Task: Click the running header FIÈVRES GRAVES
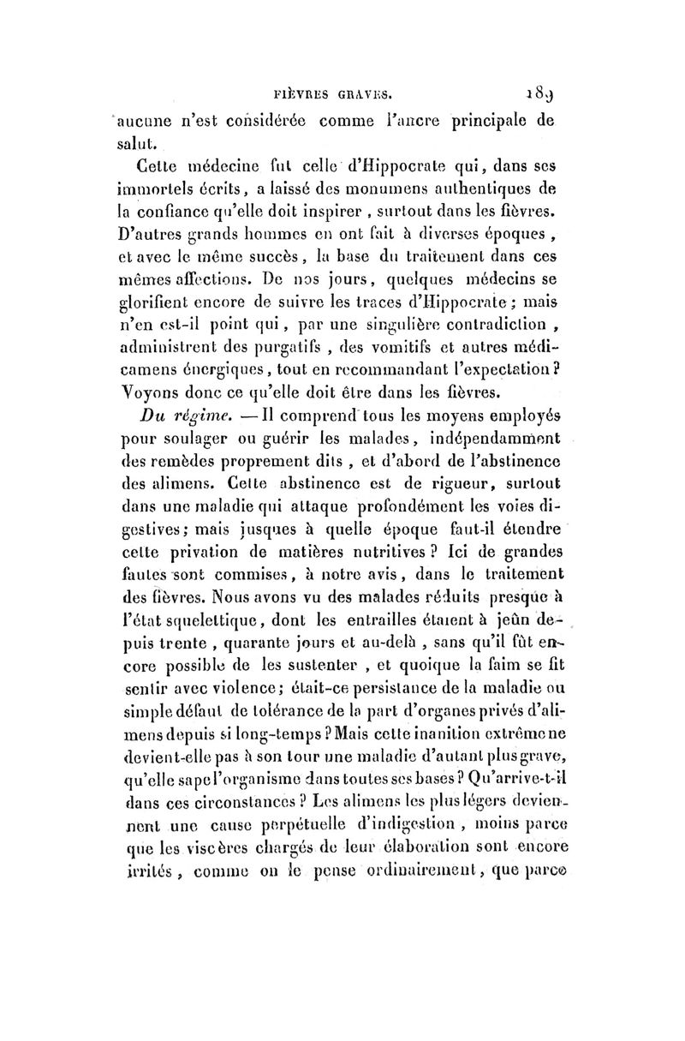click(x=332, y=87)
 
